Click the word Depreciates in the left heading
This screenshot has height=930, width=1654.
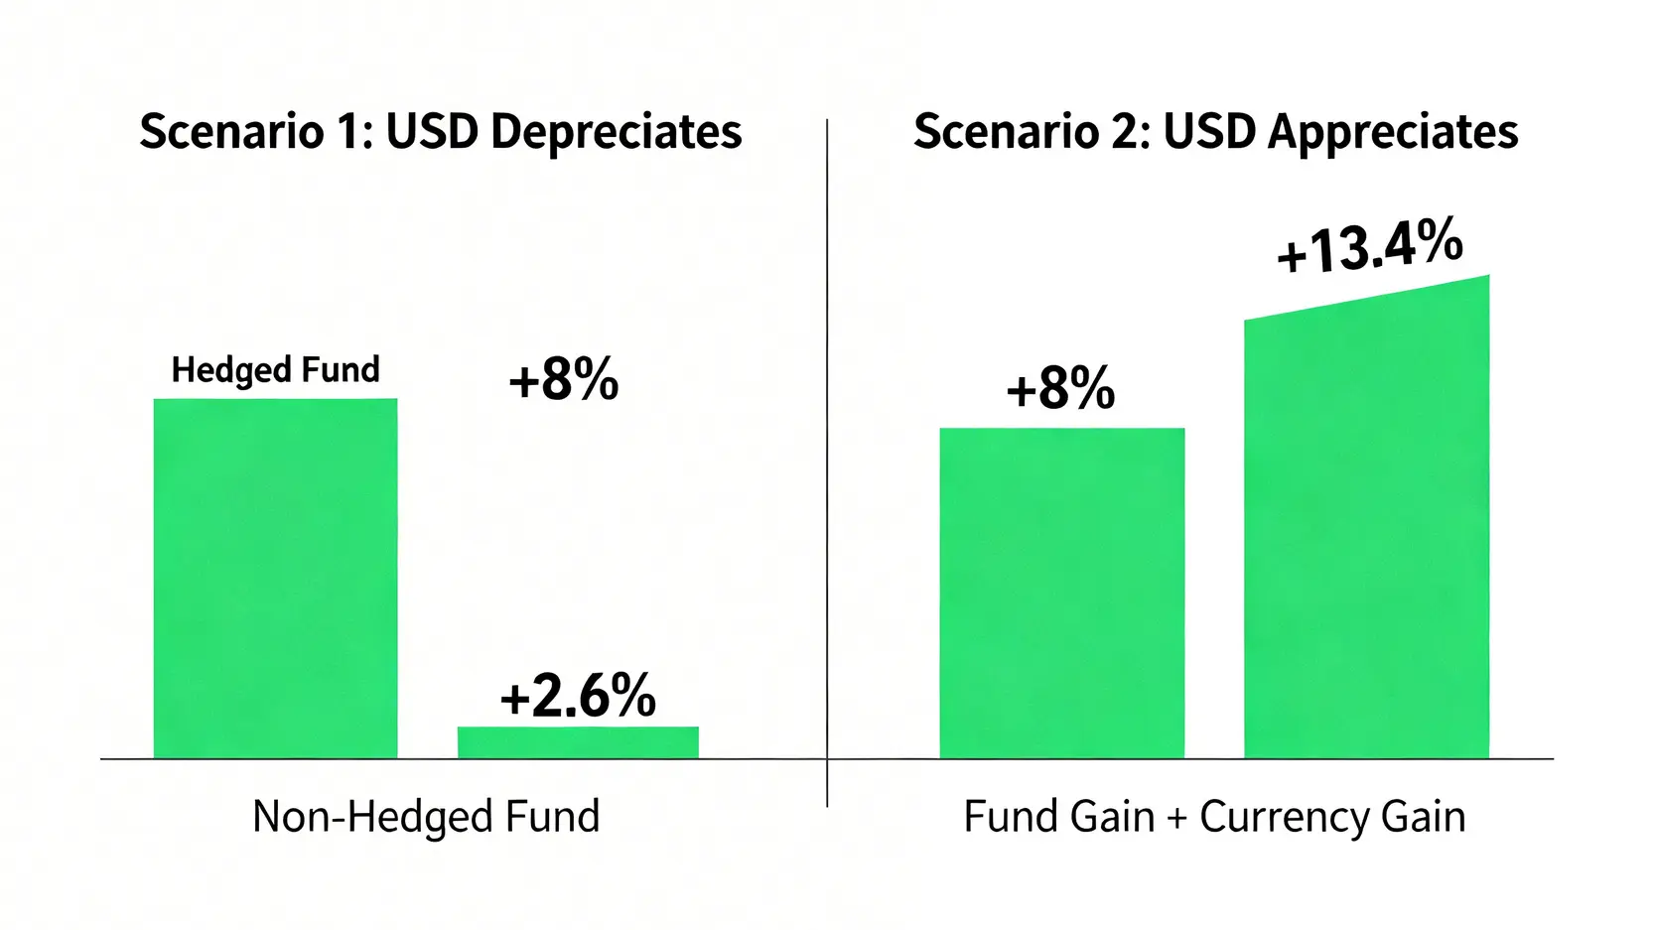pyautogui.click(x=616, y=133)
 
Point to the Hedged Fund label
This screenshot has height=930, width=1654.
pyautogui.click(x=275, y=370)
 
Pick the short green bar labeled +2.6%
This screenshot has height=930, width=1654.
pyautogui.click(x=578, y=742)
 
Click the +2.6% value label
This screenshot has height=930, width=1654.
pyautogui.click(x=578, y=696)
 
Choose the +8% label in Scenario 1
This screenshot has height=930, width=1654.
pyautogui.click(x=563, y=380)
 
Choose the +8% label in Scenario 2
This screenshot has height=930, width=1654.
pyautogui.click(x=1060, y=388)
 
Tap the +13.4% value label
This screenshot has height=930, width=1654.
pyautogui.click(x=1369, y=245)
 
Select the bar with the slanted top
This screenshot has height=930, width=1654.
pyautogui.click(x=1366, y=536)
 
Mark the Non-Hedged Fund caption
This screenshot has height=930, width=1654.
pyautogui.click(x=426, y=817)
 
